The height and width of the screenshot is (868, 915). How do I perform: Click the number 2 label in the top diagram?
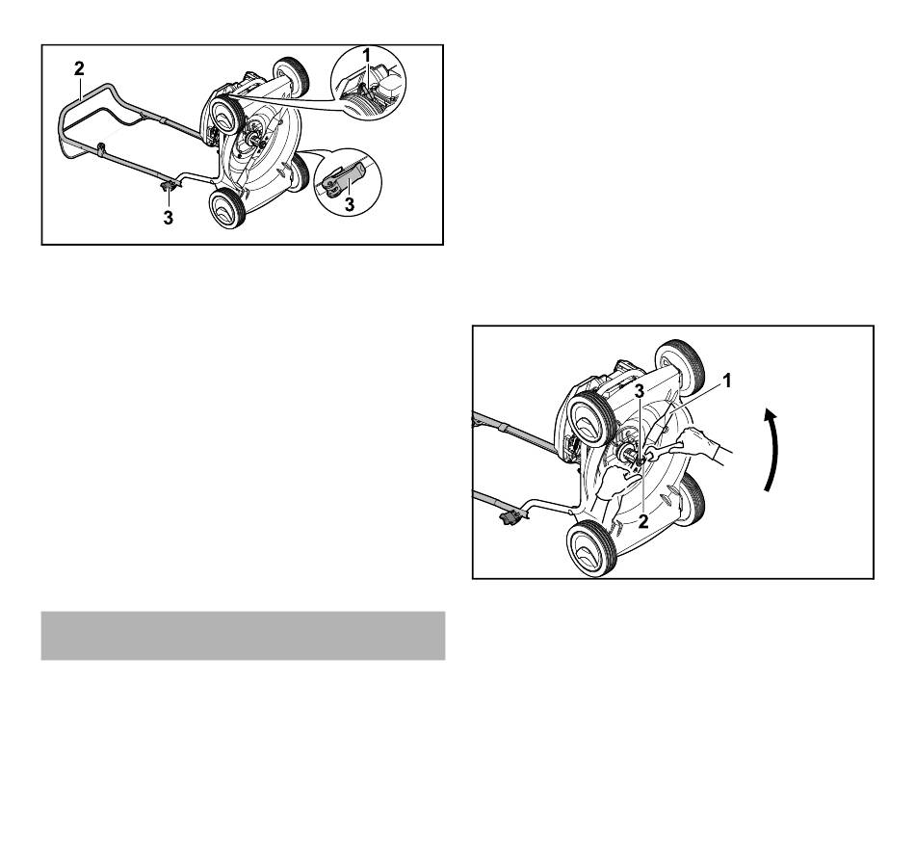tap(79, 68)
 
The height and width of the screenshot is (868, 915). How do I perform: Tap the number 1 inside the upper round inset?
tap(366, 56)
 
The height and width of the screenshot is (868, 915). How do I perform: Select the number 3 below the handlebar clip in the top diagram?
tap(168, 218)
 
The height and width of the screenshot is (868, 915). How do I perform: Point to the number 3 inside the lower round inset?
tap(350, 204)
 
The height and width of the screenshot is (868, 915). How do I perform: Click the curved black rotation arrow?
tap(773, 450)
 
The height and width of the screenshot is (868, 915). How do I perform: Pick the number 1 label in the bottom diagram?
tap(726, 381)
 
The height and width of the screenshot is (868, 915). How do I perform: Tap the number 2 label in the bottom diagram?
tap(643, 521)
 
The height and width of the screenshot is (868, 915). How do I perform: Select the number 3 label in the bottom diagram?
tap(640, 391)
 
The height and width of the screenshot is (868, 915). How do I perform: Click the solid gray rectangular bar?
tap(243, 636)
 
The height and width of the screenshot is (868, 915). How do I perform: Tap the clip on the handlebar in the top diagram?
tap(169, 185)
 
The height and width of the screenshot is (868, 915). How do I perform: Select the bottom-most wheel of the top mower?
tap(226, 208)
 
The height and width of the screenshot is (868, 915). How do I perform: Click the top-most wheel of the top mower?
tap(291, 76)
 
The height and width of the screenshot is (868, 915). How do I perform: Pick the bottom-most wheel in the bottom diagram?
tap(591, 549)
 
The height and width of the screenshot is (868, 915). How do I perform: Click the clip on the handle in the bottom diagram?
tap(511, 516)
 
